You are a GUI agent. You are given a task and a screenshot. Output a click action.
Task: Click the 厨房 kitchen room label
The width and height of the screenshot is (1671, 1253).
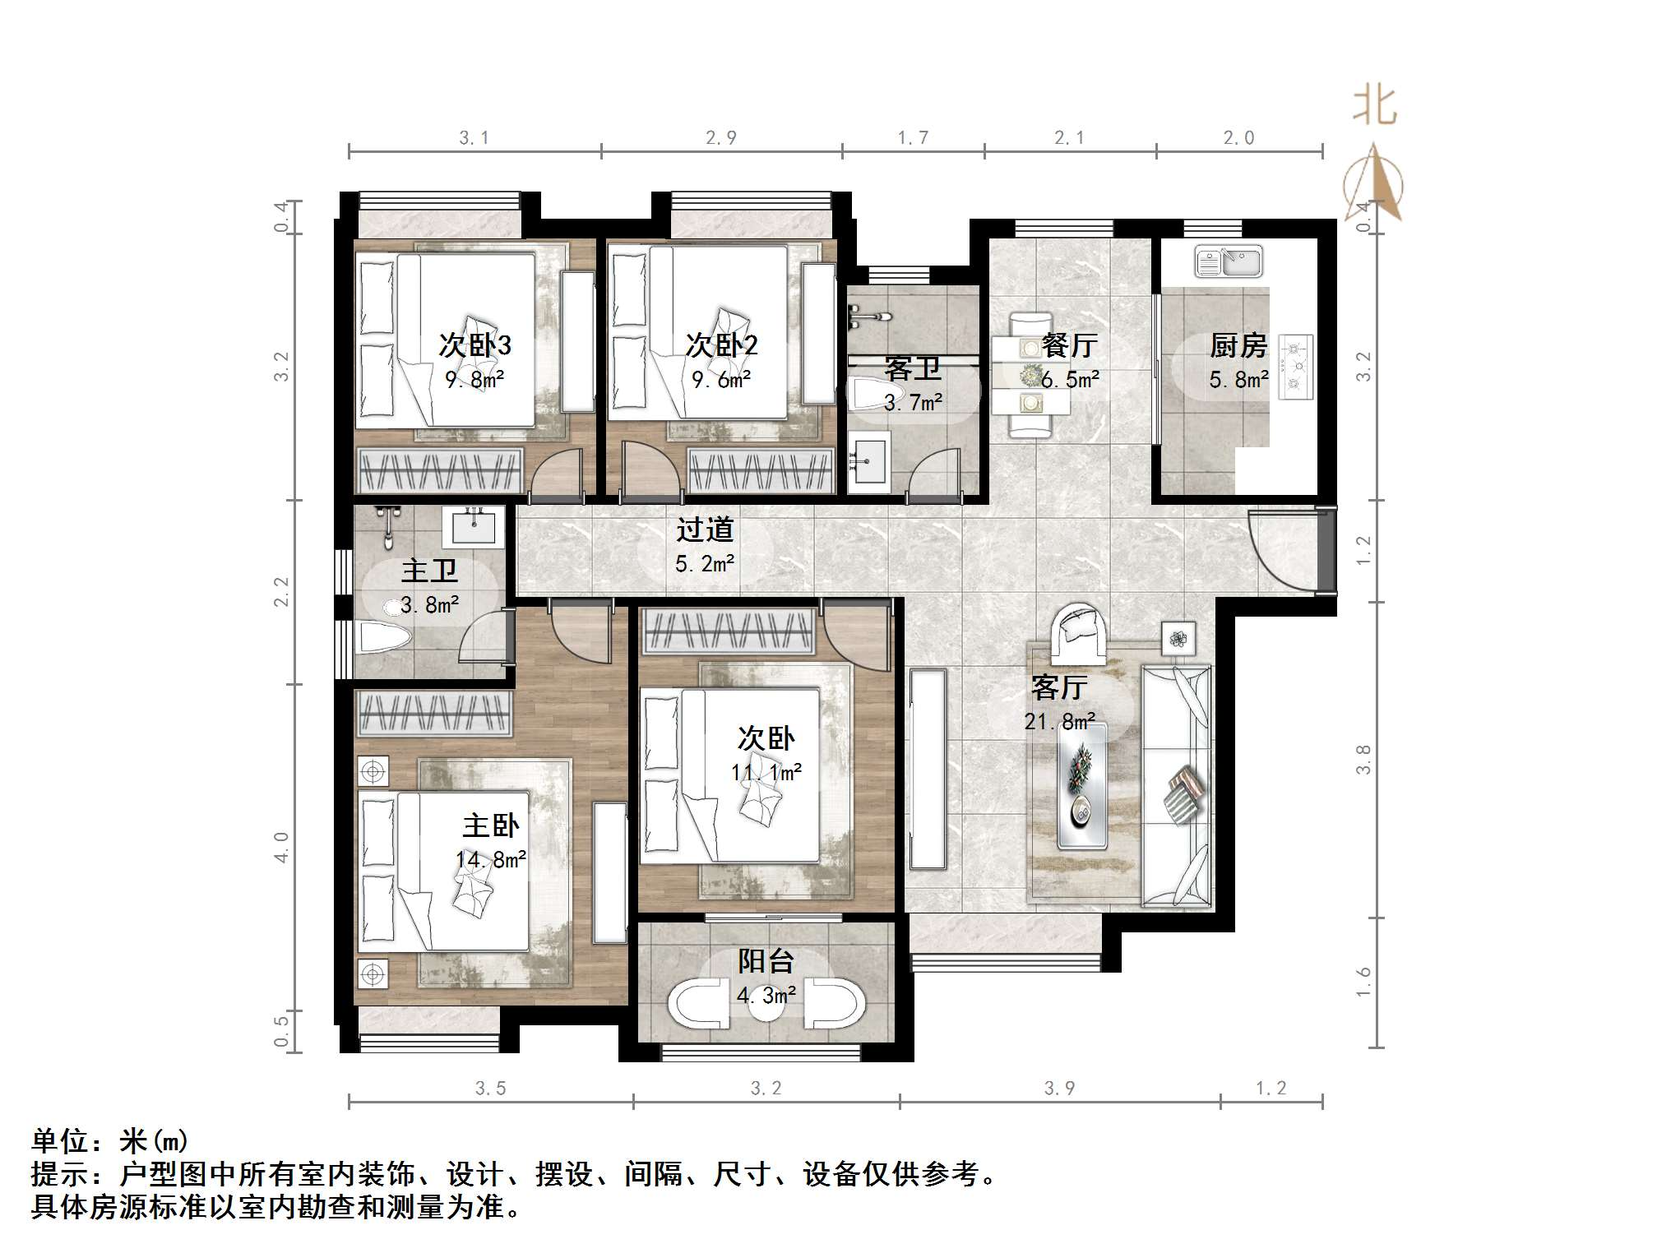tap(1238, 345)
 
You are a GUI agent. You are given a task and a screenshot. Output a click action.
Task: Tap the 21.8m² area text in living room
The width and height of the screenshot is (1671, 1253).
tap(1059, 722)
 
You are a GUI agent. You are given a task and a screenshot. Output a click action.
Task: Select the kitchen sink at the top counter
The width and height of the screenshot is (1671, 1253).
tap(1229, 262)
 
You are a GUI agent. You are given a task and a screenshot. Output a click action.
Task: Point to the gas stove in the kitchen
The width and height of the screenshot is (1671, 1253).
tap(1296, 367)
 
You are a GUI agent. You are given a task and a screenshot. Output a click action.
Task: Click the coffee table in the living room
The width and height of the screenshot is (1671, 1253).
tap(1081, 785)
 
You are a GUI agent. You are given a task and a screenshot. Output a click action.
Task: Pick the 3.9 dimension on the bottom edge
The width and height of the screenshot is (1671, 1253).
tap(1059, 1089)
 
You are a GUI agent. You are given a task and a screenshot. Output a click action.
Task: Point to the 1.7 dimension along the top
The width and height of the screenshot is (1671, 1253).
tap(913, 138)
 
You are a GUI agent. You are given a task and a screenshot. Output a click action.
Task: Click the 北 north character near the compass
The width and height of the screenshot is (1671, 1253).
tap(1375, 107)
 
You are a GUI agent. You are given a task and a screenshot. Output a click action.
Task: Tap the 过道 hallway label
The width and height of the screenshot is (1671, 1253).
tap(705, 529)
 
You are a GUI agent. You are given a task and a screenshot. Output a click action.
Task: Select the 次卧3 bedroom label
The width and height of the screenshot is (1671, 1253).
tap(474, 345)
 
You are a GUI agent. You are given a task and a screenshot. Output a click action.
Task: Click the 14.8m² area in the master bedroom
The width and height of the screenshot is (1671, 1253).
tap(491, 860)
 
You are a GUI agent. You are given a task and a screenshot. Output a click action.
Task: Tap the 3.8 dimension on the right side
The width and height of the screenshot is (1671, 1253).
tap(1363, 759)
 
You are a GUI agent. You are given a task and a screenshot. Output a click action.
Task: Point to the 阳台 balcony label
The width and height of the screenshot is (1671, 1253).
tap(766, 960)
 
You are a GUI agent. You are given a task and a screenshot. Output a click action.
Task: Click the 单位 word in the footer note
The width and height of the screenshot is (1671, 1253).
tap(59, 1141)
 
